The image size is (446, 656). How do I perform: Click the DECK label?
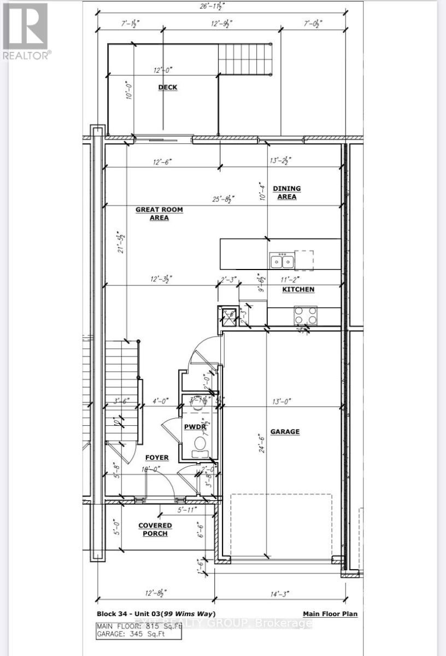pos(167,87)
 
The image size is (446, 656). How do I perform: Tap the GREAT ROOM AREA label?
pos(160,213)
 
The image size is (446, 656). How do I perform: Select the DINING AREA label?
pos(287,192)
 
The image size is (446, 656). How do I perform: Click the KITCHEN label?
pos(298,289)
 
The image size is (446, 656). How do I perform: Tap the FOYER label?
pos(157,457)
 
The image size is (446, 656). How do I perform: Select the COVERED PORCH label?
pos(155,529)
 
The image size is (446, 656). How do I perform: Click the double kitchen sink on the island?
pos(283,261)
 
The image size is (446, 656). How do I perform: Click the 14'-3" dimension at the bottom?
pos(279,593)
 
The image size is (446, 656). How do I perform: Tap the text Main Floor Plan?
pos(330,614)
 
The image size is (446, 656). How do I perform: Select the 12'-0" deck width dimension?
pos(162,69)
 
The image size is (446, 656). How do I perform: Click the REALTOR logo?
pos(26,30)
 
